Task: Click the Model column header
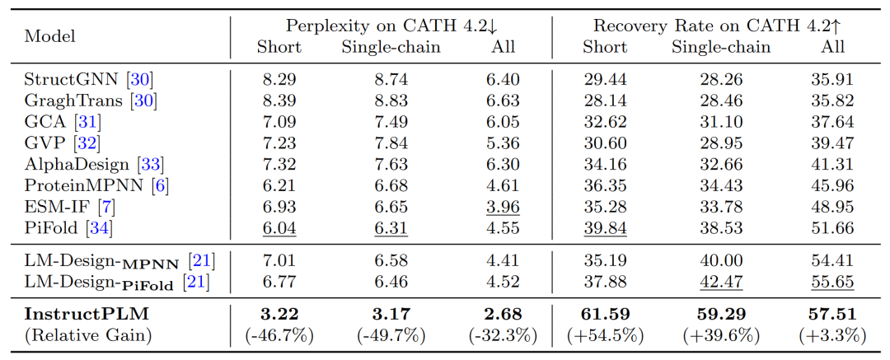(50, 36)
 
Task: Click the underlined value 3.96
(504, 208)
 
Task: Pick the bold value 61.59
(605, 314)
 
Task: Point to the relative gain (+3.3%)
(832, 336)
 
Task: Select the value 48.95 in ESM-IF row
(832, 208)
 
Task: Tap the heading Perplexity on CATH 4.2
(391, 26)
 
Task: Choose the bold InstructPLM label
(79, 314)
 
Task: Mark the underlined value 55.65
(832, 283)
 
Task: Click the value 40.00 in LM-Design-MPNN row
(721, 261)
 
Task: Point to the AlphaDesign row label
(79, 165)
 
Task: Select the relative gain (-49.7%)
(391, 336)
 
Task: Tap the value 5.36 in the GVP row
(504, 143)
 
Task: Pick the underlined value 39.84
(605, 229)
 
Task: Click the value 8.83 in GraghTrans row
(391, 101)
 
